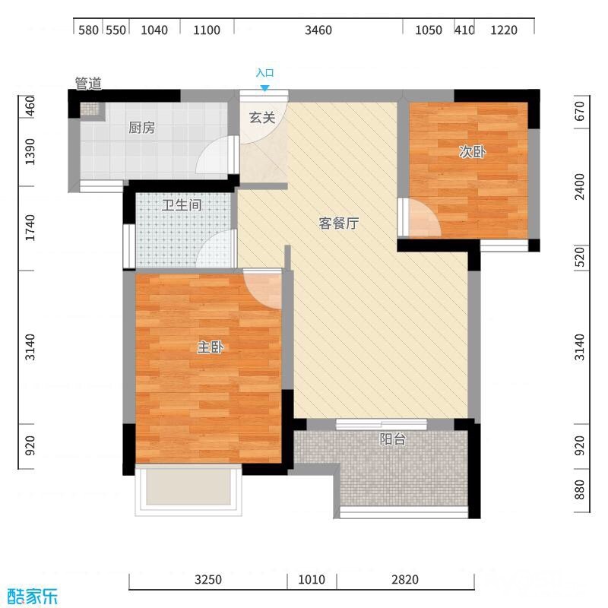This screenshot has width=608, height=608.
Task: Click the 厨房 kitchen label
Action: (141, 128)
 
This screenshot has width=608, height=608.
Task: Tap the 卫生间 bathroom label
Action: (182, 204)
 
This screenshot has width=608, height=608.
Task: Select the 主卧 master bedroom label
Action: (211, 347)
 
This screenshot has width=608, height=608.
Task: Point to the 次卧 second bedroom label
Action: (472, 151)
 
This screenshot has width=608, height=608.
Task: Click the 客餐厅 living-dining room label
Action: (338, 223)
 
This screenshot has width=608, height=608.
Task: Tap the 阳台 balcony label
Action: (392, 439)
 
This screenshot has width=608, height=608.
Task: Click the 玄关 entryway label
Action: (262, 117)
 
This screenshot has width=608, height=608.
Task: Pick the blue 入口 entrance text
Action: (264, 72)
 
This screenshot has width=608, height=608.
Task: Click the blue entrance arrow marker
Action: (264, 88)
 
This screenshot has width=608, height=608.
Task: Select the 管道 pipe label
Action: (88, 84)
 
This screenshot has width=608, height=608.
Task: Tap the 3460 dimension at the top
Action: (318, 30)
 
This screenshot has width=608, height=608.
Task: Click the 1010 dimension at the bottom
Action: (312, 579)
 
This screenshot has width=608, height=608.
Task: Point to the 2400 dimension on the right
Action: (579, 186)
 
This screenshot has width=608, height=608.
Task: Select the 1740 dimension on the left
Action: (30, 227)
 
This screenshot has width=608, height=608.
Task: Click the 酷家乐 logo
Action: (33, 596)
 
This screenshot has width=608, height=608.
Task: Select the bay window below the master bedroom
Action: (188, 489)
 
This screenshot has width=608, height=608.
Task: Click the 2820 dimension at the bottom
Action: (405, 579)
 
